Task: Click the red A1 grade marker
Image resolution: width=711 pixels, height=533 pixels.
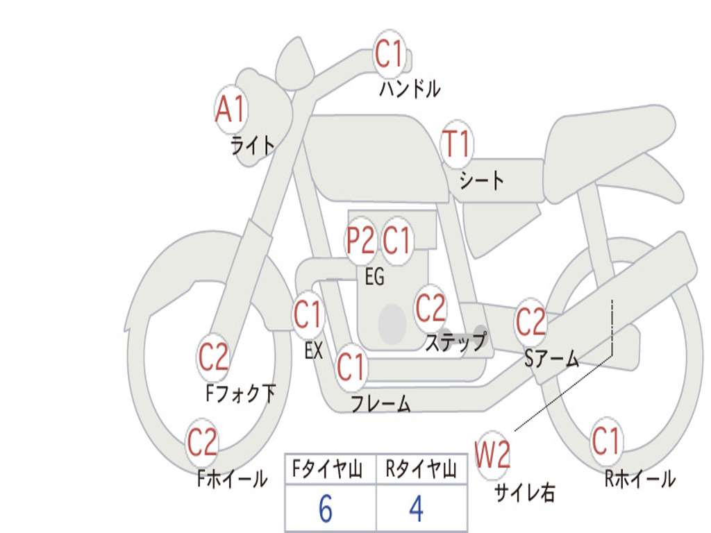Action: (x=231, y=109)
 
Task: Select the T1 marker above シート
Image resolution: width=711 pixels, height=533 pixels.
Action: (x=457, y=144)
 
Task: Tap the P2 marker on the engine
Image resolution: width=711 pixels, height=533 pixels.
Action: (x=360, y=239)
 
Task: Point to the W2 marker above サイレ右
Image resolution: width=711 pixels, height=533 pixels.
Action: (x=492, y=455)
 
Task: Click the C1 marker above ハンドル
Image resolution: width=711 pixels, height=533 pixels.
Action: (x=390, y=53)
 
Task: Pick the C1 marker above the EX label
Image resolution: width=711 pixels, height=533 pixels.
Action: (x=308, y=314)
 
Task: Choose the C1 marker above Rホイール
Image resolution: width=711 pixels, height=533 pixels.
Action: (x=606, y=441)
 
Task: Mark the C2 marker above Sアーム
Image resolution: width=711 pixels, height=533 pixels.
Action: (x=530, y=321)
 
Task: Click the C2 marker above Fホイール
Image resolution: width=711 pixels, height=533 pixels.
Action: (x=202, y=442)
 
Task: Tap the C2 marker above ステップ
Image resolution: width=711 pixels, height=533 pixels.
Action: (x=430, y=308)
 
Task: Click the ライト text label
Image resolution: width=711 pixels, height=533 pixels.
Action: (x=253, y=146)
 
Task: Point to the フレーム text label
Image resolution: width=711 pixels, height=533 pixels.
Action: (x=381, y=403)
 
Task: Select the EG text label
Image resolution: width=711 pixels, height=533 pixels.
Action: (x=374, y=276)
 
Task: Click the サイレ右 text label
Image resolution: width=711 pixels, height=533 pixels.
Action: (x=525, y=493)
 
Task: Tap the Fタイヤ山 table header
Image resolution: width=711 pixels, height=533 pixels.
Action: (x=328, y=469)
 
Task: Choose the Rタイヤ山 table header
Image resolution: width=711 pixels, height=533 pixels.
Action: (x=421, y=469)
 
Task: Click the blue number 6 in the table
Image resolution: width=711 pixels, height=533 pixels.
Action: (x=326, y=509)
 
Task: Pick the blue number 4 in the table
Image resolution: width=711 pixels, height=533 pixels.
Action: (x=417, y=509)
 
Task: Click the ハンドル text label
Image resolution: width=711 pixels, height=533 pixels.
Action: (x=410, y=89)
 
